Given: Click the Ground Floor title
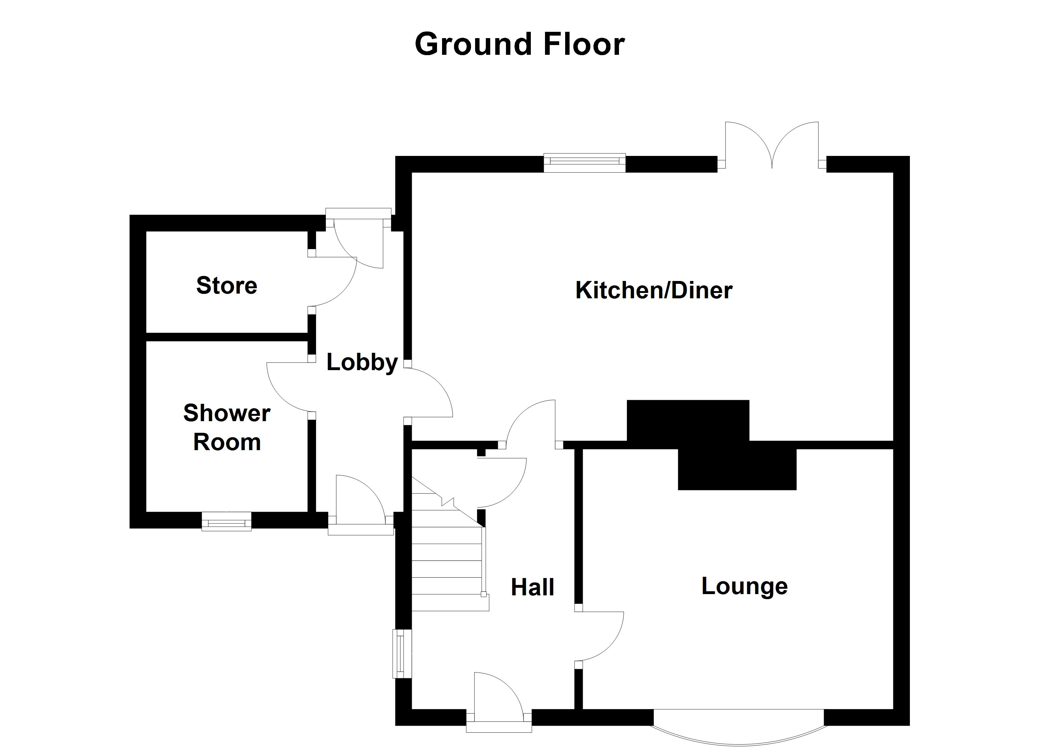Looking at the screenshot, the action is pyautogui.click(x=519, y=44).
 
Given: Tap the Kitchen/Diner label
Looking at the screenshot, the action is pyautogui.click(x=654, y=291).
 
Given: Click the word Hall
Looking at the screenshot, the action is pyautogui.click(x=532, y=587).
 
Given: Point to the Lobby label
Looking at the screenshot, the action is pyautogui.click(x=362, y=363).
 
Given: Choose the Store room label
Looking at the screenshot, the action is pyautogui.click(x=227, y=286).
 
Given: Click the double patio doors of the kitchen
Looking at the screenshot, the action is pyautogui.click(x=772, y=147).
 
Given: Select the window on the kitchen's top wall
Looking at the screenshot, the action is pyautogui.click(x=584, y=163).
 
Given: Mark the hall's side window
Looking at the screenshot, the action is pyautogui.click(x=402, y=653).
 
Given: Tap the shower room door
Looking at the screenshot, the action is pyautogui.click(x=289, y=387).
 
